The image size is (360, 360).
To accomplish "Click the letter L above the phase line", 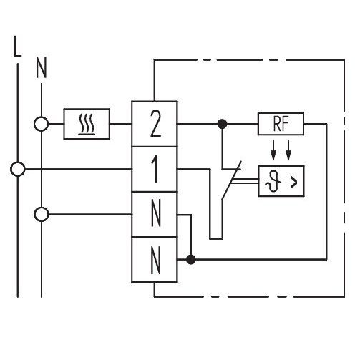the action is pos(17,47).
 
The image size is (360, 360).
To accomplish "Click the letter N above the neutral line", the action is pos(42,68).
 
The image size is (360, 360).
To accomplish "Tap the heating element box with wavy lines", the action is pos(87,124).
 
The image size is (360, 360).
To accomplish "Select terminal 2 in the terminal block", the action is pos(155,124).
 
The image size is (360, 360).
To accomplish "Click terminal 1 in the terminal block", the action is pos(155,169).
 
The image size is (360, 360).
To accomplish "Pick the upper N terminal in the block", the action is pos(155,214).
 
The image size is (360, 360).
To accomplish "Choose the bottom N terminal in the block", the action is pos(155,260).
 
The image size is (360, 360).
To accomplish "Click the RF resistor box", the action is pos(281,124).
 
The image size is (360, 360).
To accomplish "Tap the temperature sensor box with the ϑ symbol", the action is pos(281,181).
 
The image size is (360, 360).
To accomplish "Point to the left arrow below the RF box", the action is pos(273,150).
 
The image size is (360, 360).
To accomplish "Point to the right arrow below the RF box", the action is pos(288,150).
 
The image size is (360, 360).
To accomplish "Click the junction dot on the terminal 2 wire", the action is pos(223,124).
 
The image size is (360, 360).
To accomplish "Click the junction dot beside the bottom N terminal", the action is pos(190,259).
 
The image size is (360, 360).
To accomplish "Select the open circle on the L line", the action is pos(18,169).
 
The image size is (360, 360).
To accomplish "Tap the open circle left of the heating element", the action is pos(42,124).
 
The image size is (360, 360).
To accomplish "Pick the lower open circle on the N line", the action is pos(42,214).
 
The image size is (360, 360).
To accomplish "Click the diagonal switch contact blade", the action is pos(232,180).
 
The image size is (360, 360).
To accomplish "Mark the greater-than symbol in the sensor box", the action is pos(294,183).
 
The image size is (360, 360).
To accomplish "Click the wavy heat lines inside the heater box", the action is pos(87,124).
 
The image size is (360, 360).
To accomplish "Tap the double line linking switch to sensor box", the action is pos(245,181).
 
